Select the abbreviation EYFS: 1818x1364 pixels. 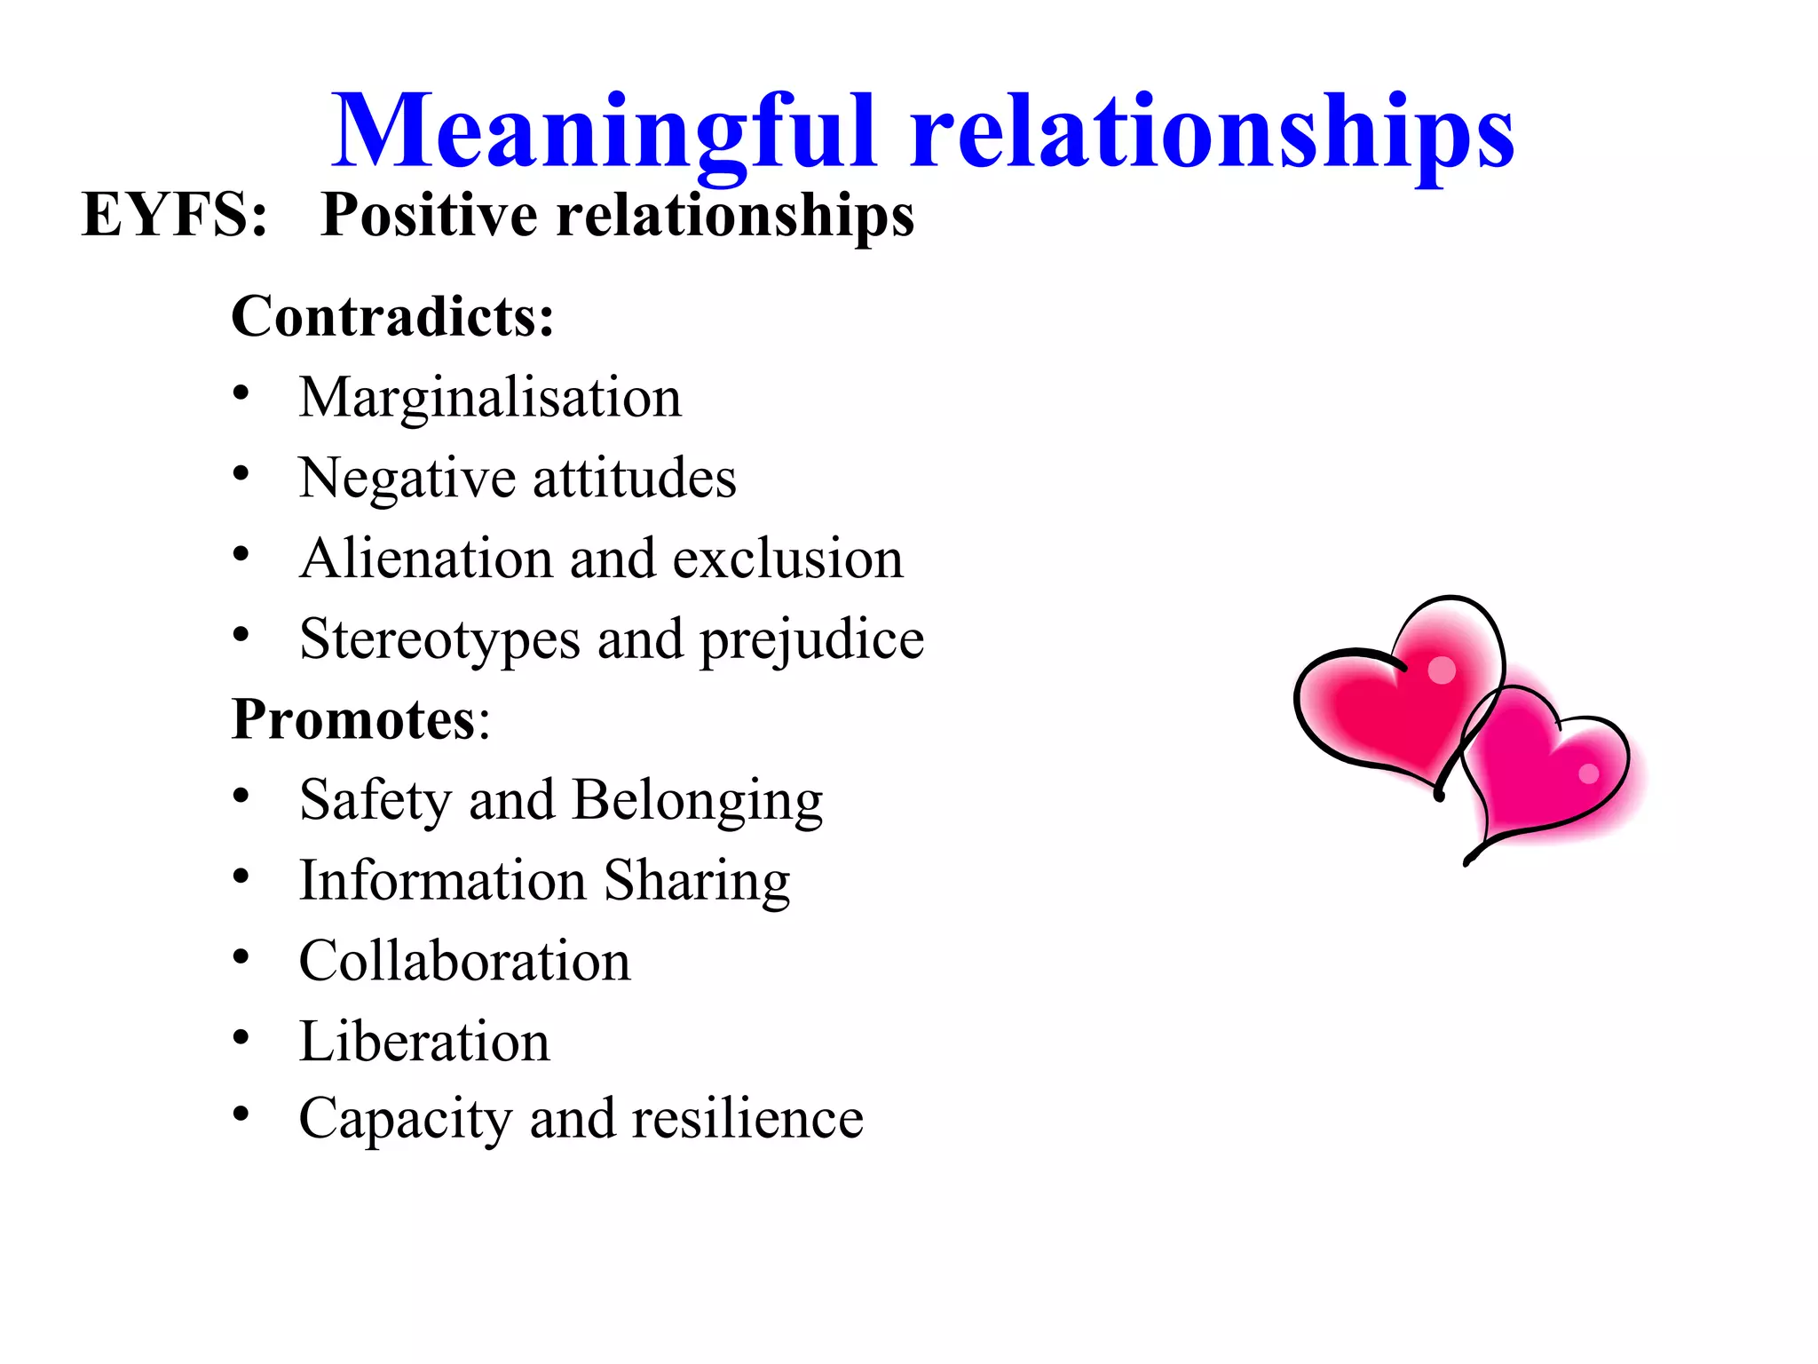[174, 215]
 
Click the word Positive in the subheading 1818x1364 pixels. [430, 215]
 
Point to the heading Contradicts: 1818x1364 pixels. [392, 316]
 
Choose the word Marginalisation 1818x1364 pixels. [490, 397]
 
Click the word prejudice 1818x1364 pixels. [812, 639]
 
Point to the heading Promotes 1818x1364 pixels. [353, 718]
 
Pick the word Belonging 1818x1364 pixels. [698, 800]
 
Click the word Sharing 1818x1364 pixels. [697, 881]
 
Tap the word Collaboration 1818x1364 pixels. [464, 961]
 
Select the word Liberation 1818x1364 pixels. [424, 1042]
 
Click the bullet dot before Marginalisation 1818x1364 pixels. [241, 393]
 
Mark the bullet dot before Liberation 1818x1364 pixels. [241, 1036]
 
